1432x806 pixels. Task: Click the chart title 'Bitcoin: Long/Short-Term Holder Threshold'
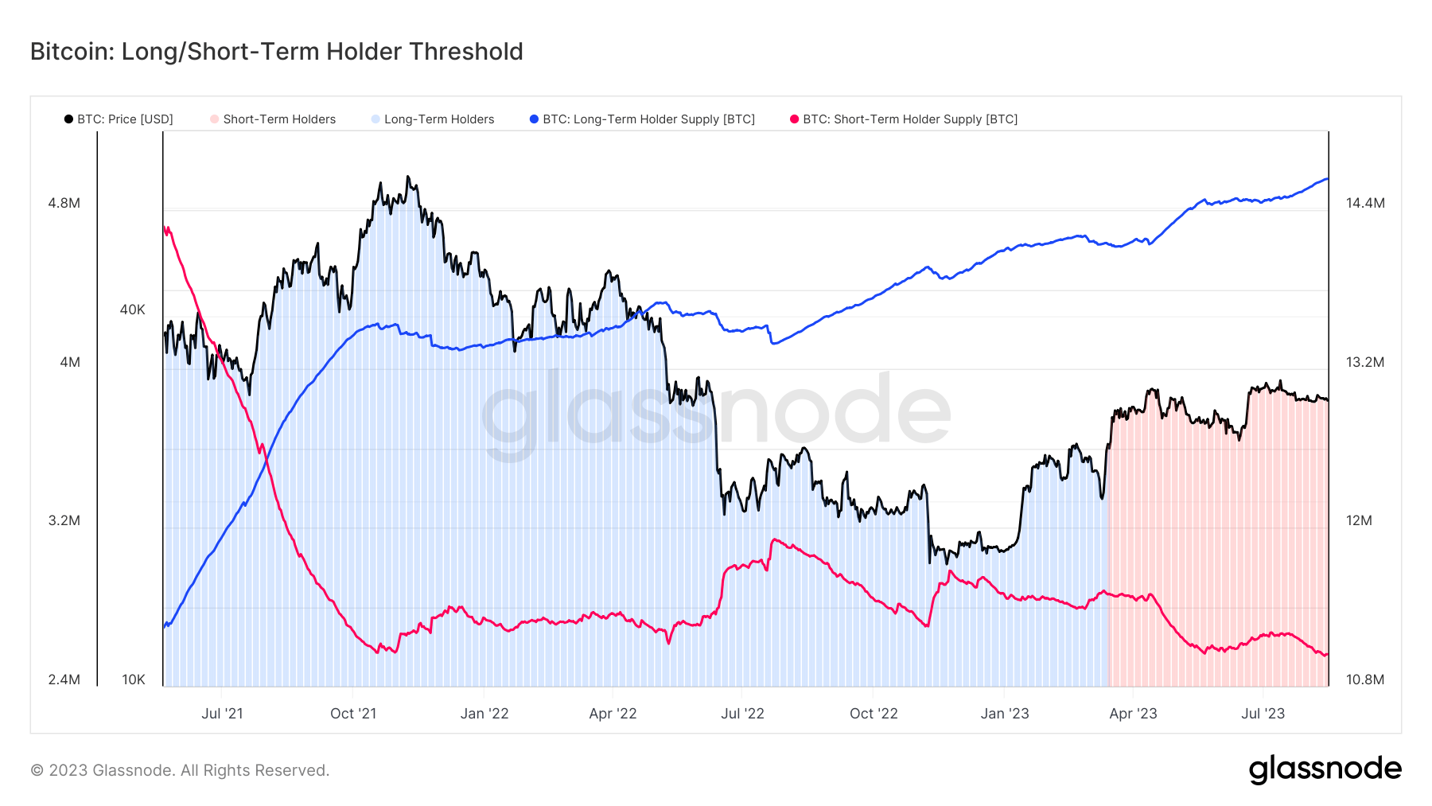276,52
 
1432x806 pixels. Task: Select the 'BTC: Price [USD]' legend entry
124,119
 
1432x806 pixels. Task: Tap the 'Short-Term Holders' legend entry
278,119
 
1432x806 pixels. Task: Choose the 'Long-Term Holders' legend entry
438,119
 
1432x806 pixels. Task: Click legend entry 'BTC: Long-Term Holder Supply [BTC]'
648,119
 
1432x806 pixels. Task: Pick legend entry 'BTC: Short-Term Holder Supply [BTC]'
909,119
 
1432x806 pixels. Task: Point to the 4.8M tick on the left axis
64,203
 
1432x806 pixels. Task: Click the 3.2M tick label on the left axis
64,520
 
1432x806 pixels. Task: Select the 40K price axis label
132,310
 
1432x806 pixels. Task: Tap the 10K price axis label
133,679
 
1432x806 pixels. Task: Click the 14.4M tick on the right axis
1365,203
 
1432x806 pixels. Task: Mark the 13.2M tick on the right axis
1365,362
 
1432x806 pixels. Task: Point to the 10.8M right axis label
1365,679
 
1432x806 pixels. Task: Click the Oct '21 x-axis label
353,714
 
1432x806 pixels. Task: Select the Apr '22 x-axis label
613,714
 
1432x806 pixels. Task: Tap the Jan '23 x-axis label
1005,714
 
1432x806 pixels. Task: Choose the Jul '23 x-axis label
1263,714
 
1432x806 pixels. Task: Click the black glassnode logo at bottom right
1325,769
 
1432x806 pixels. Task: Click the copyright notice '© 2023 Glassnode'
180,770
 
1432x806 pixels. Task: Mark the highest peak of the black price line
408,177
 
